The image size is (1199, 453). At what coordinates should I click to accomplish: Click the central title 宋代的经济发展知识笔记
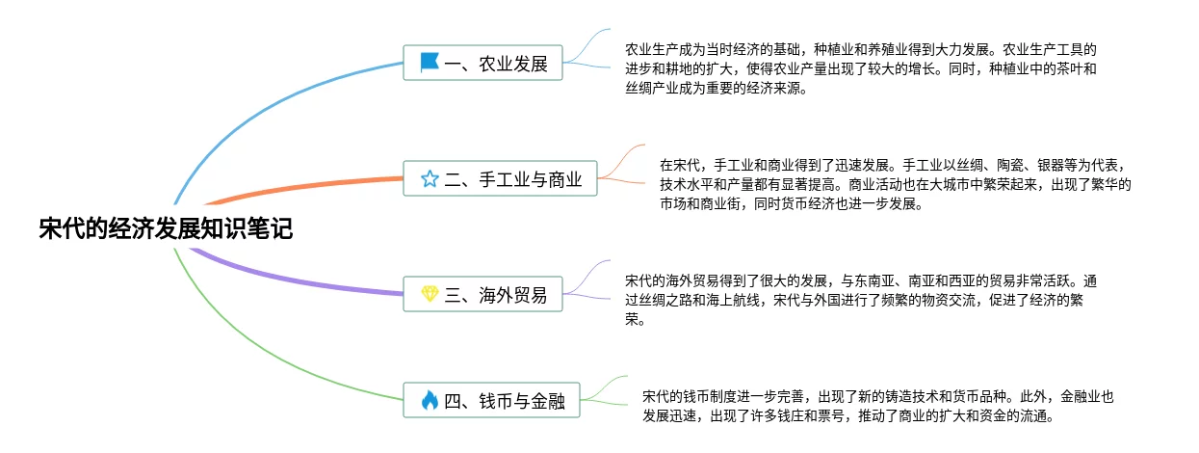pyautogui.click(x=165, y=229)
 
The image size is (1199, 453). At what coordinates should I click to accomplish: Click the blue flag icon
pyautogui.click(x=430, y=64)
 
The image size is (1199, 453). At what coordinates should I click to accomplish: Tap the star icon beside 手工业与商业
pyautogui.click(x=430, y=178)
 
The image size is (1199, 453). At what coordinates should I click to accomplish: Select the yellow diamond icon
pyautogui.click(x=430, y=293)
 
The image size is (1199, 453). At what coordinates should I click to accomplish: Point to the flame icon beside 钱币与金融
pyautogui.click(x=430, y=400)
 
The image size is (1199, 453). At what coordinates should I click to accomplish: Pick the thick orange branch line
pyautogui.click(x=308, y=186)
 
